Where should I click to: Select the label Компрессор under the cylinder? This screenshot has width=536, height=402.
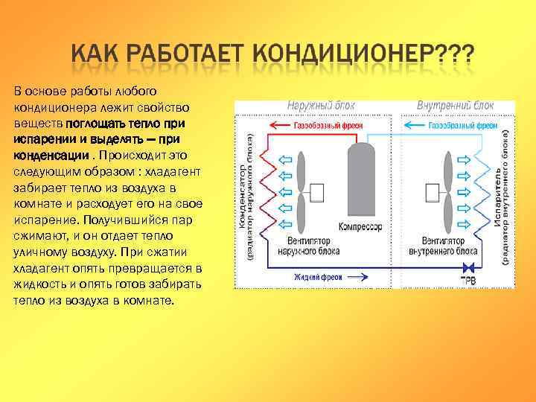360,226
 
